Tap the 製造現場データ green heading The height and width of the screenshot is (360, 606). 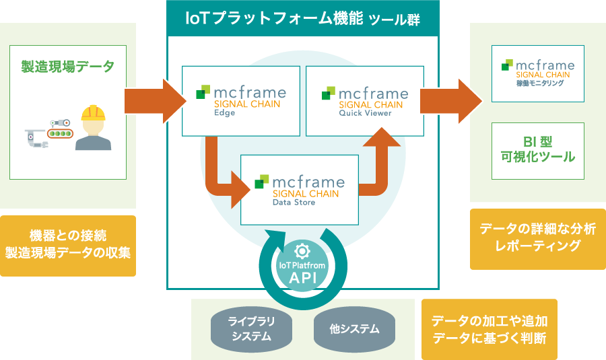67,67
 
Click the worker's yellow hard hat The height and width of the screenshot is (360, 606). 94,111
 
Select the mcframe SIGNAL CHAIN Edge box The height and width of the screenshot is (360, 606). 240,101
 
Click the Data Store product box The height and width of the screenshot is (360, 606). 299,190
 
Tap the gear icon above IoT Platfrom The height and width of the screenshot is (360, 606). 302,251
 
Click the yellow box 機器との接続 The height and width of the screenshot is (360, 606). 67,246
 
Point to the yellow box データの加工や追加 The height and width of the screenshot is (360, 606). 489,329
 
